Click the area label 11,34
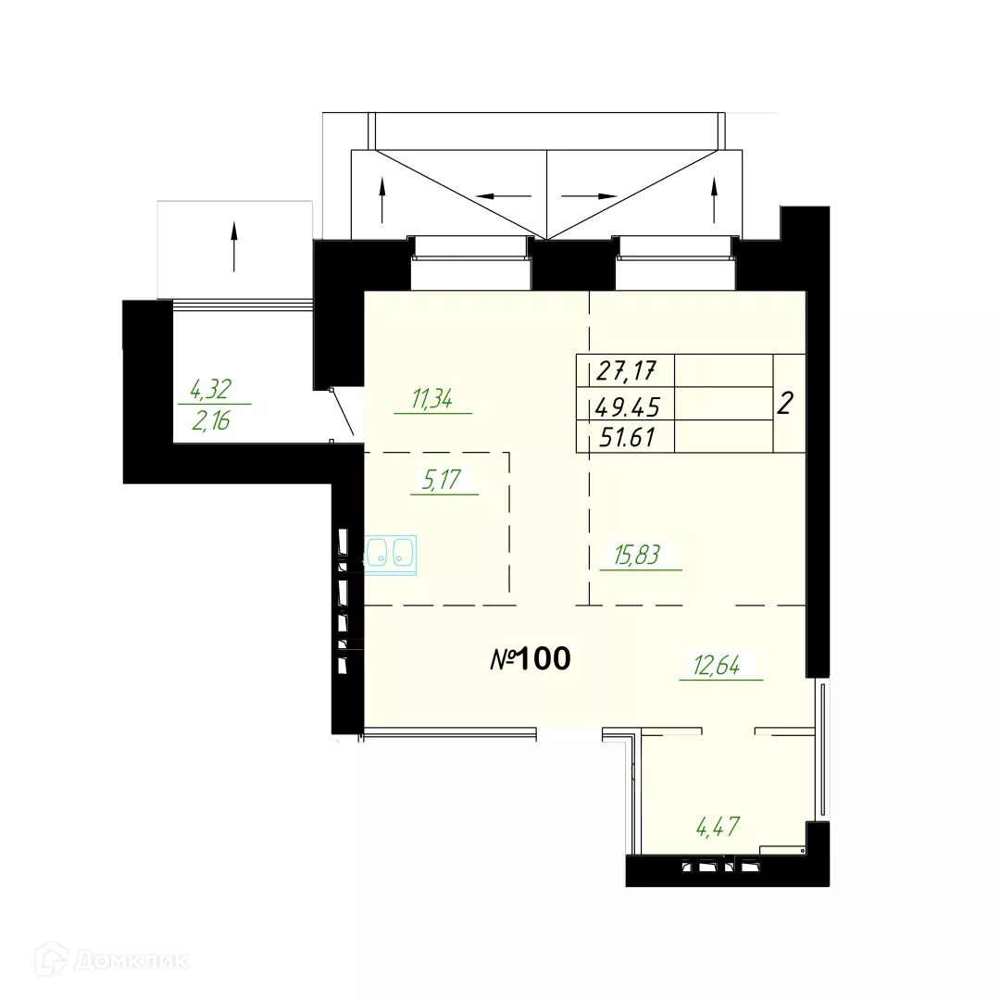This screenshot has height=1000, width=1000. [x=431, y=398]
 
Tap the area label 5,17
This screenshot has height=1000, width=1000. [x=441, y=479]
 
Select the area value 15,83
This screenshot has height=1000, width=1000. [x=636, y=555]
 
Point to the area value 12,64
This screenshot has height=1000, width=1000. [x=717, y=665]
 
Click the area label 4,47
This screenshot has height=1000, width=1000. [x=719, y=827]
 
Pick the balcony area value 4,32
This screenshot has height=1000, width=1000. [x=210, y=388]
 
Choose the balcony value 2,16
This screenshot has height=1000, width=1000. [x=211, y=421]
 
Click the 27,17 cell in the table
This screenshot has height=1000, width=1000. [x=626, y=370]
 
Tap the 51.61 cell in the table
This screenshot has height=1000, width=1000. [x=627, y=437]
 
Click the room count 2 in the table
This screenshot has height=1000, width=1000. [x=785, y=403]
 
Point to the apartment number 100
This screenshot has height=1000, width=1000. [x=544, y=659]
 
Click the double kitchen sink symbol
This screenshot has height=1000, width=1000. [x=390, y=555]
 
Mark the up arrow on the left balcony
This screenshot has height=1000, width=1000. [x=234, y=246]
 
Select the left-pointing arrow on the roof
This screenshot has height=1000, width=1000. [x=504, y=196]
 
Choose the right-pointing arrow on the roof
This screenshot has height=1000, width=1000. [x=589, y=196]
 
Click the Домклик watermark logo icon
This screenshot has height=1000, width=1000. [x=52, y=958]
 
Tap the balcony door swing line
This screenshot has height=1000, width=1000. [x=343, y=412]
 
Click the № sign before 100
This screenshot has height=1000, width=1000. [x=502, y=659]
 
